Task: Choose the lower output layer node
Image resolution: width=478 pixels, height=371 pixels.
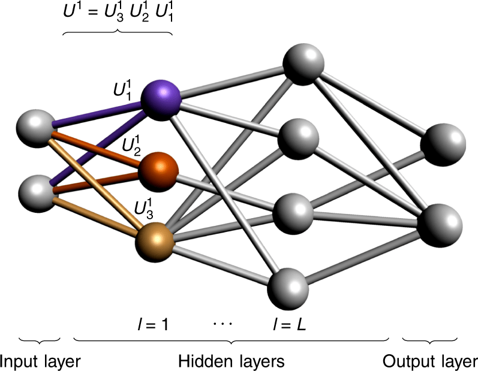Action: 440,223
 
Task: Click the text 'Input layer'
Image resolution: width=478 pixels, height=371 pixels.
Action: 40,361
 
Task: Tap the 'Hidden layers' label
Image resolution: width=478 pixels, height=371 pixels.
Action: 231,361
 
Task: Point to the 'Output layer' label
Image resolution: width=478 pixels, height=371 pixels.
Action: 431,361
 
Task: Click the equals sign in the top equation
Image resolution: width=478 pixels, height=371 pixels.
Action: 93,13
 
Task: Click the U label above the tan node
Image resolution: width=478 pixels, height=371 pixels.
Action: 143,207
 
